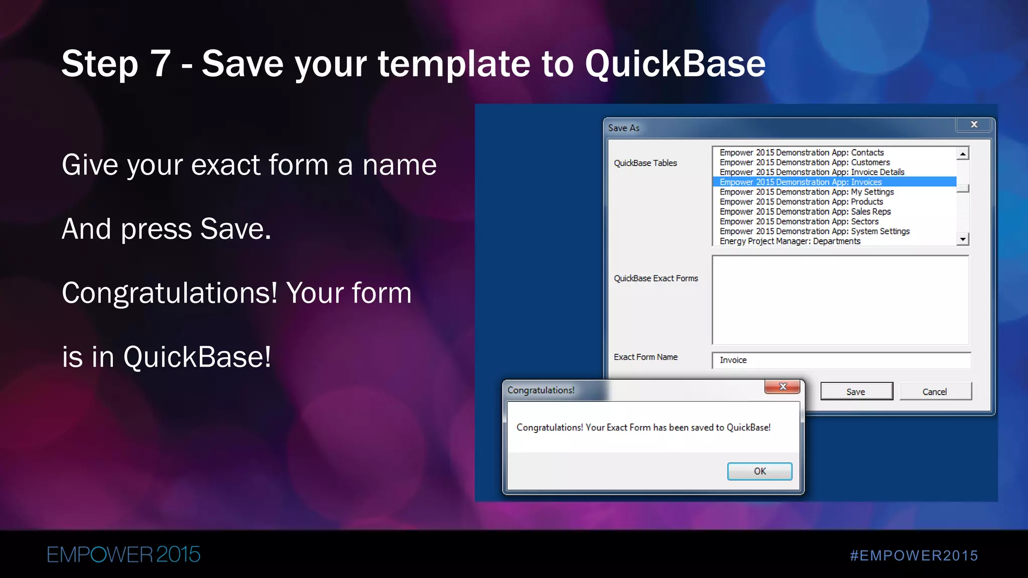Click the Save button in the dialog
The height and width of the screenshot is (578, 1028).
(x=856, y=391)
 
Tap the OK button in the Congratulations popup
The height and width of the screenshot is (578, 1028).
(x=759, y=471)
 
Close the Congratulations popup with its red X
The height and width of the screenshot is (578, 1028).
(x=782, y=386)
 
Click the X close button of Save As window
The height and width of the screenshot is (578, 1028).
(x=974, y=124)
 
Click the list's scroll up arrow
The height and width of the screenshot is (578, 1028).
(x=962, y=154)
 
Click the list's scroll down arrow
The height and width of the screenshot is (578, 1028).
(x=962, y=239)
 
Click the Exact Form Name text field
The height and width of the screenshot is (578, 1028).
(x=841, y=360)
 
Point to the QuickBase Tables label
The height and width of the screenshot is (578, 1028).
(x=645, y=163)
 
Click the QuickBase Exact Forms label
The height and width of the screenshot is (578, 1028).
(x=656, y=278)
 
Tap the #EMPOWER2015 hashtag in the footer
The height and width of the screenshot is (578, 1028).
(x=914, y=555)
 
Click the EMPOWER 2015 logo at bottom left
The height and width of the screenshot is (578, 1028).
(x=123, y=554)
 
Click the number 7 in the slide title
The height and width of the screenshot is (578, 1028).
(x=161, y=64)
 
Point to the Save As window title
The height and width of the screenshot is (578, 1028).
(x=623, y=128)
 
